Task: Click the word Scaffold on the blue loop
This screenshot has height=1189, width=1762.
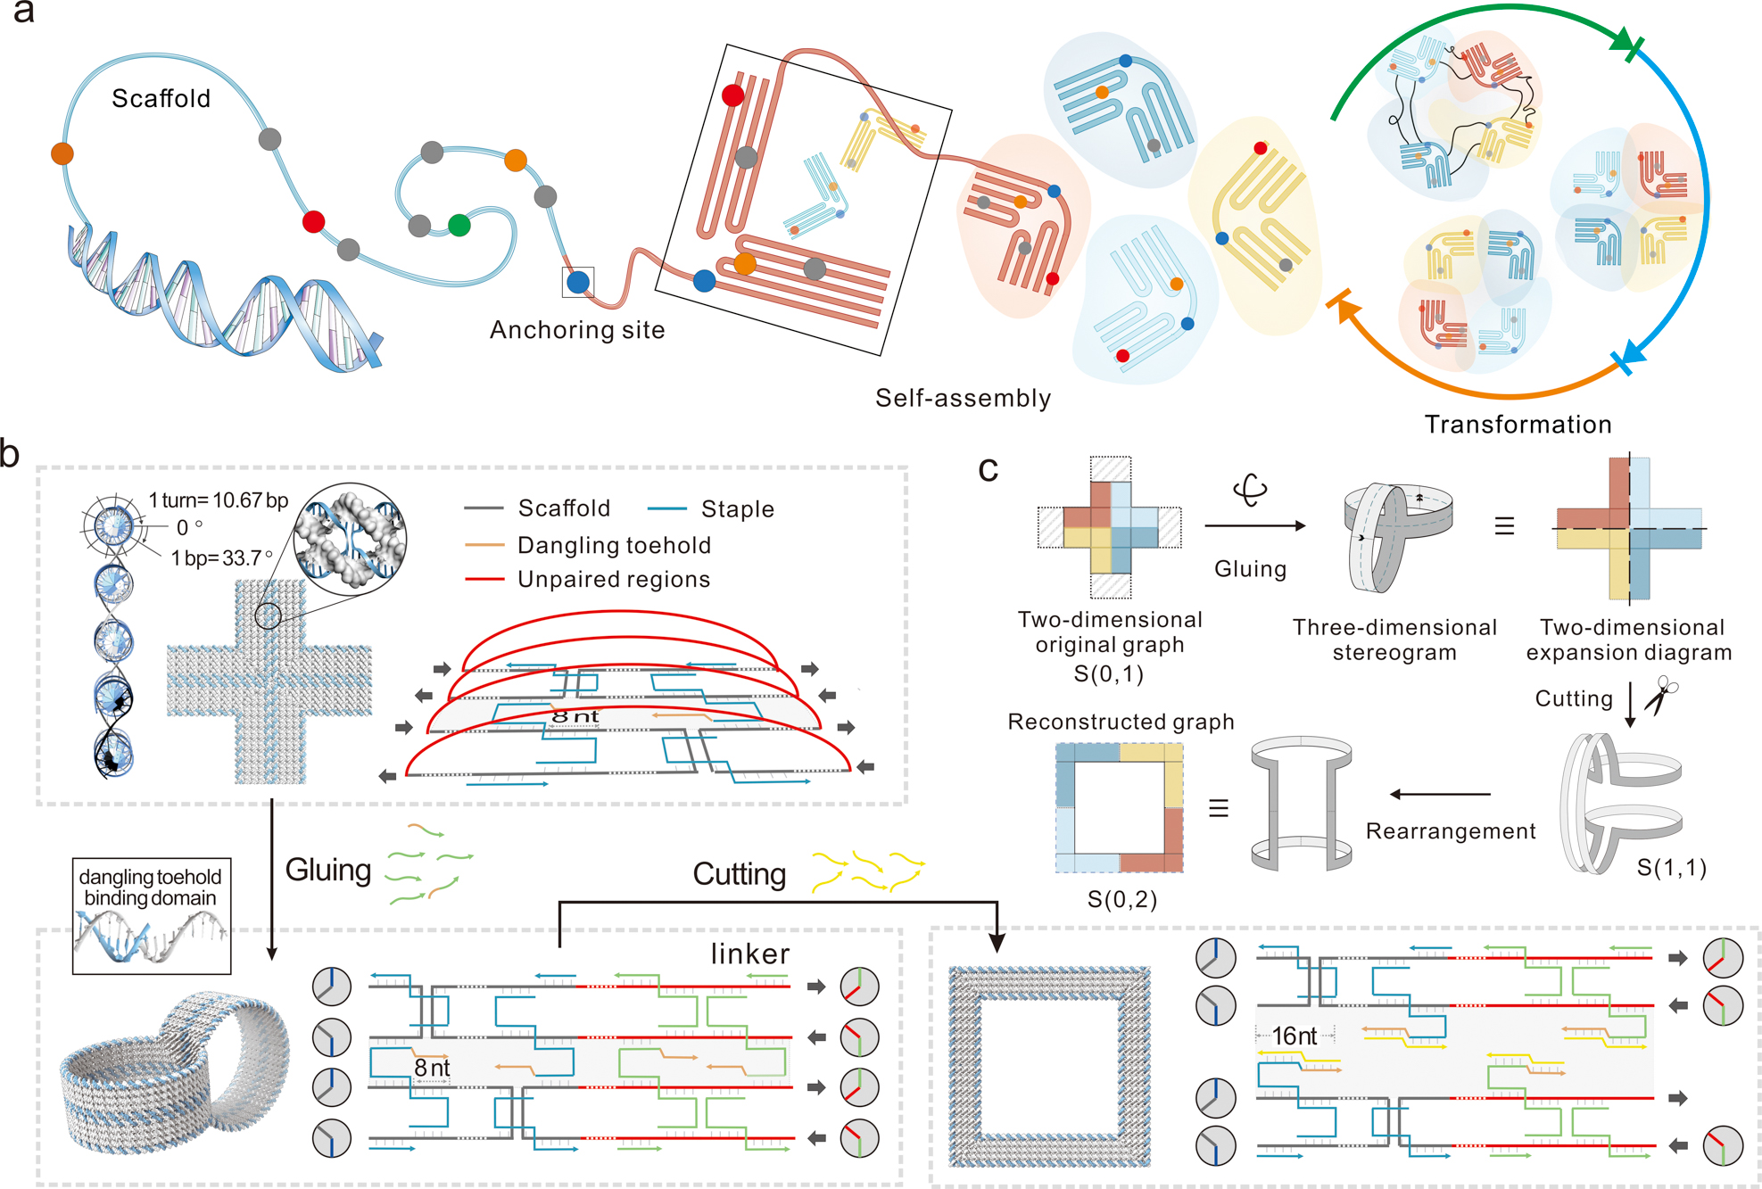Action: [161, 98]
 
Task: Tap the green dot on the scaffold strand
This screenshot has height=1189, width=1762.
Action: [459, 225]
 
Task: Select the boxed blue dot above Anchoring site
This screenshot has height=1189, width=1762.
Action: [578, 282]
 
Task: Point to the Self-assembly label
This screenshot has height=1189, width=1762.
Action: [963, 398]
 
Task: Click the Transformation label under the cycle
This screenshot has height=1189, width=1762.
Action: [1518, 425]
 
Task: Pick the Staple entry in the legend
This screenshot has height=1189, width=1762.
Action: [737, 509]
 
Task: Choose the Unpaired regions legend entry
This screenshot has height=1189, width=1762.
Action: [614, 580]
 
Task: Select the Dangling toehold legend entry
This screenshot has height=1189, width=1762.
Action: [614, 545]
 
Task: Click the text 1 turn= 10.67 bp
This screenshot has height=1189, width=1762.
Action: [218, 500]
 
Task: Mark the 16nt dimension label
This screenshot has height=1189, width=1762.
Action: [1294, 1036]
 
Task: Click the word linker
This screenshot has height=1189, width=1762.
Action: [750, 954]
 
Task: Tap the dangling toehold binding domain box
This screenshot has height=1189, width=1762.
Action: [151, 917]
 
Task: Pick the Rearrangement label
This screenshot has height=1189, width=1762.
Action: [1451, 831]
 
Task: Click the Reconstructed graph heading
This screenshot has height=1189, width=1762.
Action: [1121, 722]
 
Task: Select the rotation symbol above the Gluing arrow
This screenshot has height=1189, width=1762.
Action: [1250, 490]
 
